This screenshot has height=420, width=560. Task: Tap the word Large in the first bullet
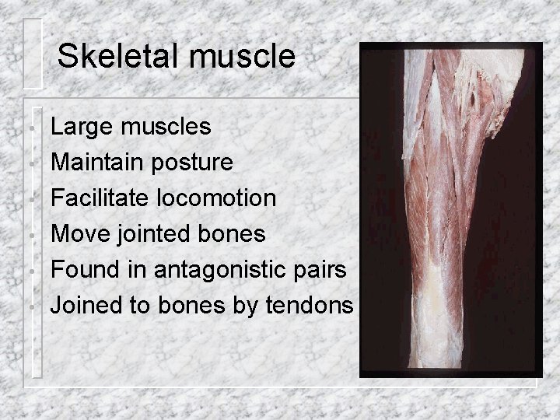point(80,126)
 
